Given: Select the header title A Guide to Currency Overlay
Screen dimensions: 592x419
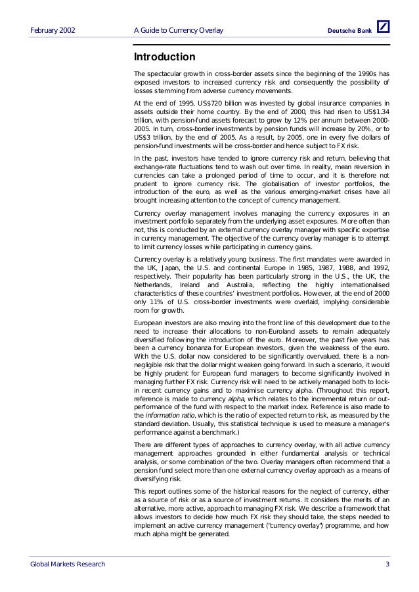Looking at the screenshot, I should click(x=178, y=31).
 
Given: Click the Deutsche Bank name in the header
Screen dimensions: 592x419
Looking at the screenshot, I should click(x=349, y=31).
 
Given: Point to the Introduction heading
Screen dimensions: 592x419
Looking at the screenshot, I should click(x=164, y=57).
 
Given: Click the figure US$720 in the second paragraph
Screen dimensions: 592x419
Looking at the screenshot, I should click(x=208, y=104).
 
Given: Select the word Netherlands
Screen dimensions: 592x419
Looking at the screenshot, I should click(x=153, y=285).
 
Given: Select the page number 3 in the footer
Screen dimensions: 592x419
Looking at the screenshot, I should click(x=387, y=564).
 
